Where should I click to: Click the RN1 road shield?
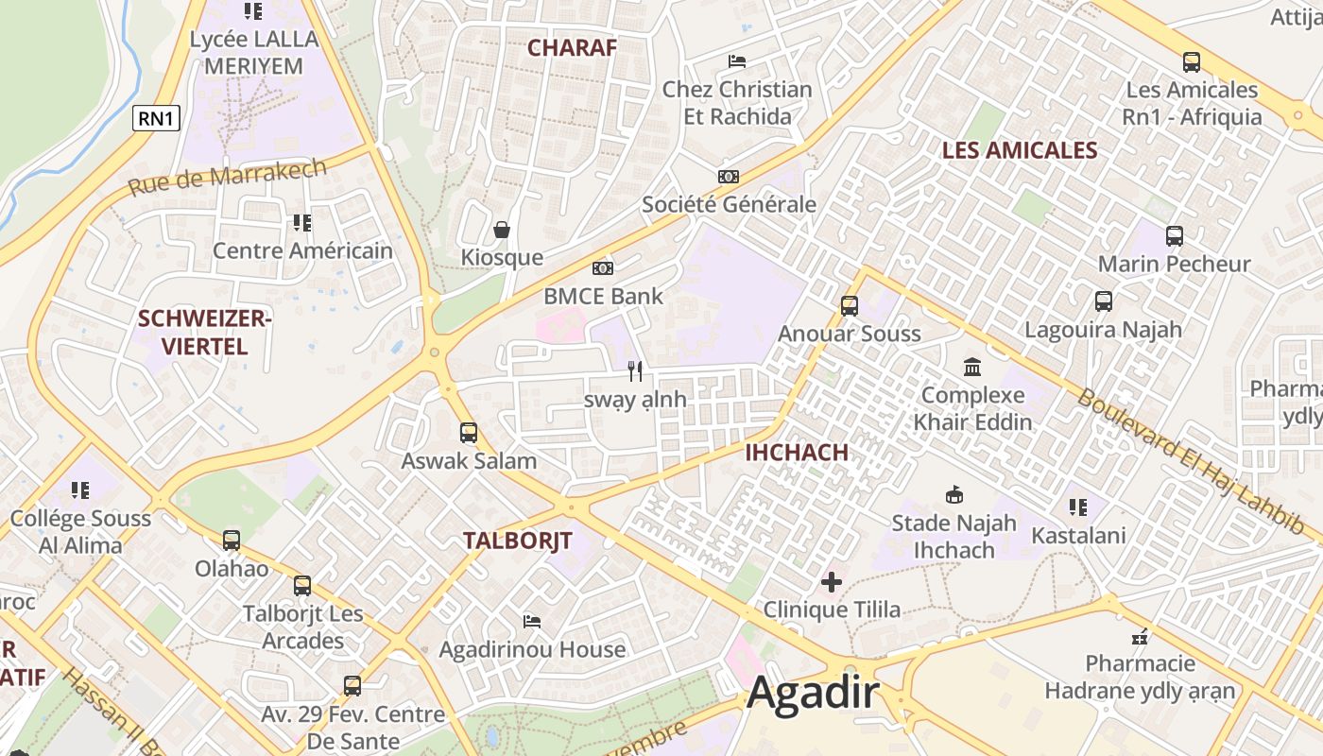coord(156,118)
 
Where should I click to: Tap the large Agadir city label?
coord(814,695)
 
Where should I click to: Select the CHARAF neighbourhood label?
coord(572,47)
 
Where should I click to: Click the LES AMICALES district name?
coord(1020,150)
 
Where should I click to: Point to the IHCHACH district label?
coord(797,452)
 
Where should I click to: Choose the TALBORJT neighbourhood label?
coord(518,541)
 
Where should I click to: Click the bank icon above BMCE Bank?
coord(603,268)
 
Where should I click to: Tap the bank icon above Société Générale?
coord(728,177)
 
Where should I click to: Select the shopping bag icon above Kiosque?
coord(501,230)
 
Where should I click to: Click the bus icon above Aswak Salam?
coord(469,433)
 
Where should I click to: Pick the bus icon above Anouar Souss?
coord(849,305)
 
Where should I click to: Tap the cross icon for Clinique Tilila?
coord(832,582)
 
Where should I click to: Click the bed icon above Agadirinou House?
coord(532,622)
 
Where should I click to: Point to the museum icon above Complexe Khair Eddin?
coord(972,367)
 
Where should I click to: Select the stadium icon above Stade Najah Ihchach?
coord(954,494)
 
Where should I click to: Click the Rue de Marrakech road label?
coord(227,178)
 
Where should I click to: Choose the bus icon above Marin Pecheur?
coord(1174,235)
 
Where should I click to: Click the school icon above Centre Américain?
coord(301,223)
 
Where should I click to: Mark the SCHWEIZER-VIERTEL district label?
coord(205,333)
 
